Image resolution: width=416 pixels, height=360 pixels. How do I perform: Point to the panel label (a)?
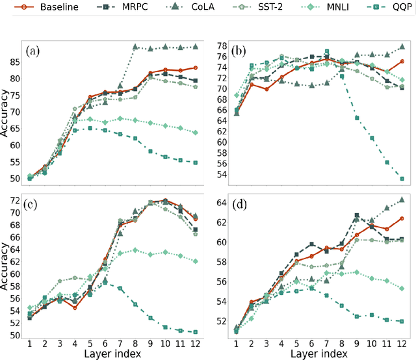point(34,50)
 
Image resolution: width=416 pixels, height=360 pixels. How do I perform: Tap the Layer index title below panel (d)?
point(318,354)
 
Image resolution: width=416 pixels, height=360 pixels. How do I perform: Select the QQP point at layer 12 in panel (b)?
point(402,179)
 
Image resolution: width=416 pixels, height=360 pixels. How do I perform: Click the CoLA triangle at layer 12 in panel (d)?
point(402,199)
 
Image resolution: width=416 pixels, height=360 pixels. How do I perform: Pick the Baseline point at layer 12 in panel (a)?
point(195,68)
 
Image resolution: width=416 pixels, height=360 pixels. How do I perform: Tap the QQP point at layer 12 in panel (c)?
point(195,332)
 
